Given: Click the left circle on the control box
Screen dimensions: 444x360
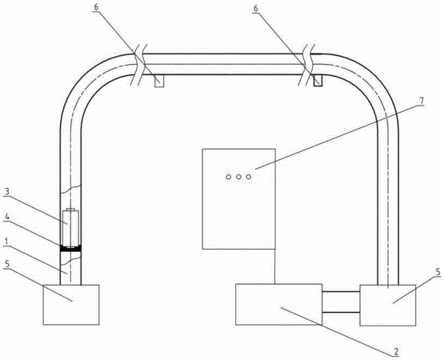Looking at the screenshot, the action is [228, 177].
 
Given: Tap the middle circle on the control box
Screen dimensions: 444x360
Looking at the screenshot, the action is [238, 177].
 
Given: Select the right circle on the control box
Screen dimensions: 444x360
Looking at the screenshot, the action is [249, 177].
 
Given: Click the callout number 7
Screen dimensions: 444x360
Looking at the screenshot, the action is [422, 101].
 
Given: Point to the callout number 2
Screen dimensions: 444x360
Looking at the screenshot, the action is [396, 352].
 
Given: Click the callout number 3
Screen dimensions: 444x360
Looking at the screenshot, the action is [7, 192].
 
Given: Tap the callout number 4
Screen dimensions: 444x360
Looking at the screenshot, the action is [7, 217].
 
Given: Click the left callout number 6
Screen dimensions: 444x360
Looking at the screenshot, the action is [96, 8].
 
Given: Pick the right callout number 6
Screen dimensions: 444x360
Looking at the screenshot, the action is [256, 9].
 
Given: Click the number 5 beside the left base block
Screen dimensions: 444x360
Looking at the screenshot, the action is [7, 265].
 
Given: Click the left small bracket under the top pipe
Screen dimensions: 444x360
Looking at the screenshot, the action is [159, 81].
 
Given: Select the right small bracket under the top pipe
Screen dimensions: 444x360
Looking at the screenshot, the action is [318, 81].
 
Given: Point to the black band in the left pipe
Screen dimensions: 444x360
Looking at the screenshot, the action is [70, 249].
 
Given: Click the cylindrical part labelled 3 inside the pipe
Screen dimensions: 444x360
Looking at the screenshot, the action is [70, 227].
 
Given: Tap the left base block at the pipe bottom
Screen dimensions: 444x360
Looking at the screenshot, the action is [71, 305].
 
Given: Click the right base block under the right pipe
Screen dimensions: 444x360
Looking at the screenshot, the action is [388, 306].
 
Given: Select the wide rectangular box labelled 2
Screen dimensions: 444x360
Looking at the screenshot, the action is [278, 304].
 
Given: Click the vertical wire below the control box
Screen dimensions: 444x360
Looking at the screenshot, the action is [275, 266].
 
